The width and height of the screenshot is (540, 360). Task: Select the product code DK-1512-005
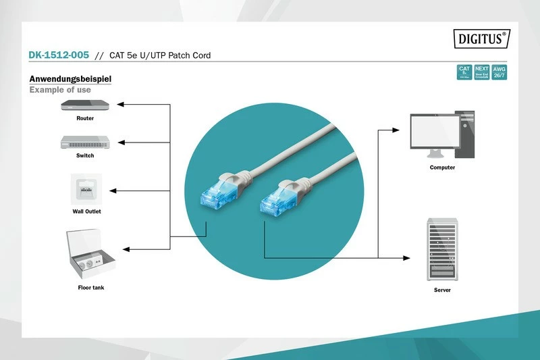pos(58,55)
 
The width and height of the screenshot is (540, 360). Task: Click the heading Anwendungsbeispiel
pos(70,79)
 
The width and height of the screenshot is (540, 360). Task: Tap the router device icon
pos(84,105)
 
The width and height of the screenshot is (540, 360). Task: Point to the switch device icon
pos(84,142)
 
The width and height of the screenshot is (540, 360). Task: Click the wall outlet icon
pos(86,189)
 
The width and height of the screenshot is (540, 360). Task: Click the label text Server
pos(442,290)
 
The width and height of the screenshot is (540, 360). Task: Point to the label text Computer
pos(442,168)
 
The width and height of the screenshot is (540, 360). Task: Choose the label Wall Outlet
pos(86,211)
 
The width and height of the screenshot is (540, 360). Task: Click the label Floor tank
pos(90,288)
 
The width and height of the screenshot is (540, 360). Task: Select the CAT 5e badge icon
pos(464,72)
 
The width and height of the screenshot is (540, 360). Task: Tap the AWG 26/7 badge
pos(499,72)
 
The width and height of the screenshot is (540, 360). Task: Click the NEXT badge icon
pos(481,72)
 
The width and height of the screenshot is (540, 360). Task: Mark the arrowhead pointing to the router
pos(119,105)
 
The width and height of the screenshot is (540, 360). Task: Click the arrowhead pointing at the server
pos(407,257)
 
